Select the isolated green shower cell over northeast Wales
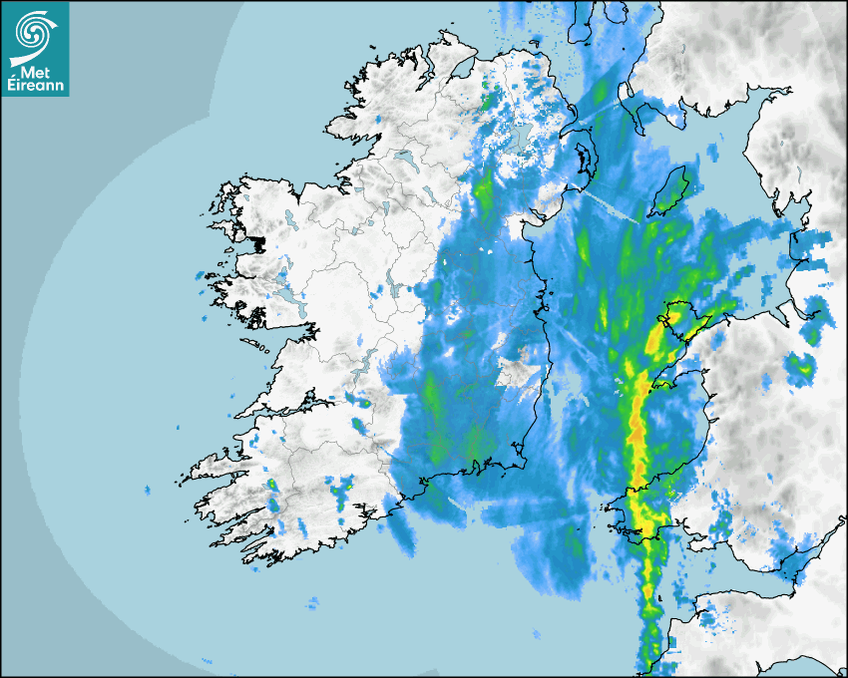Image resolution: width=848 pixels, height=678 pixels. coord(799,366)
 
